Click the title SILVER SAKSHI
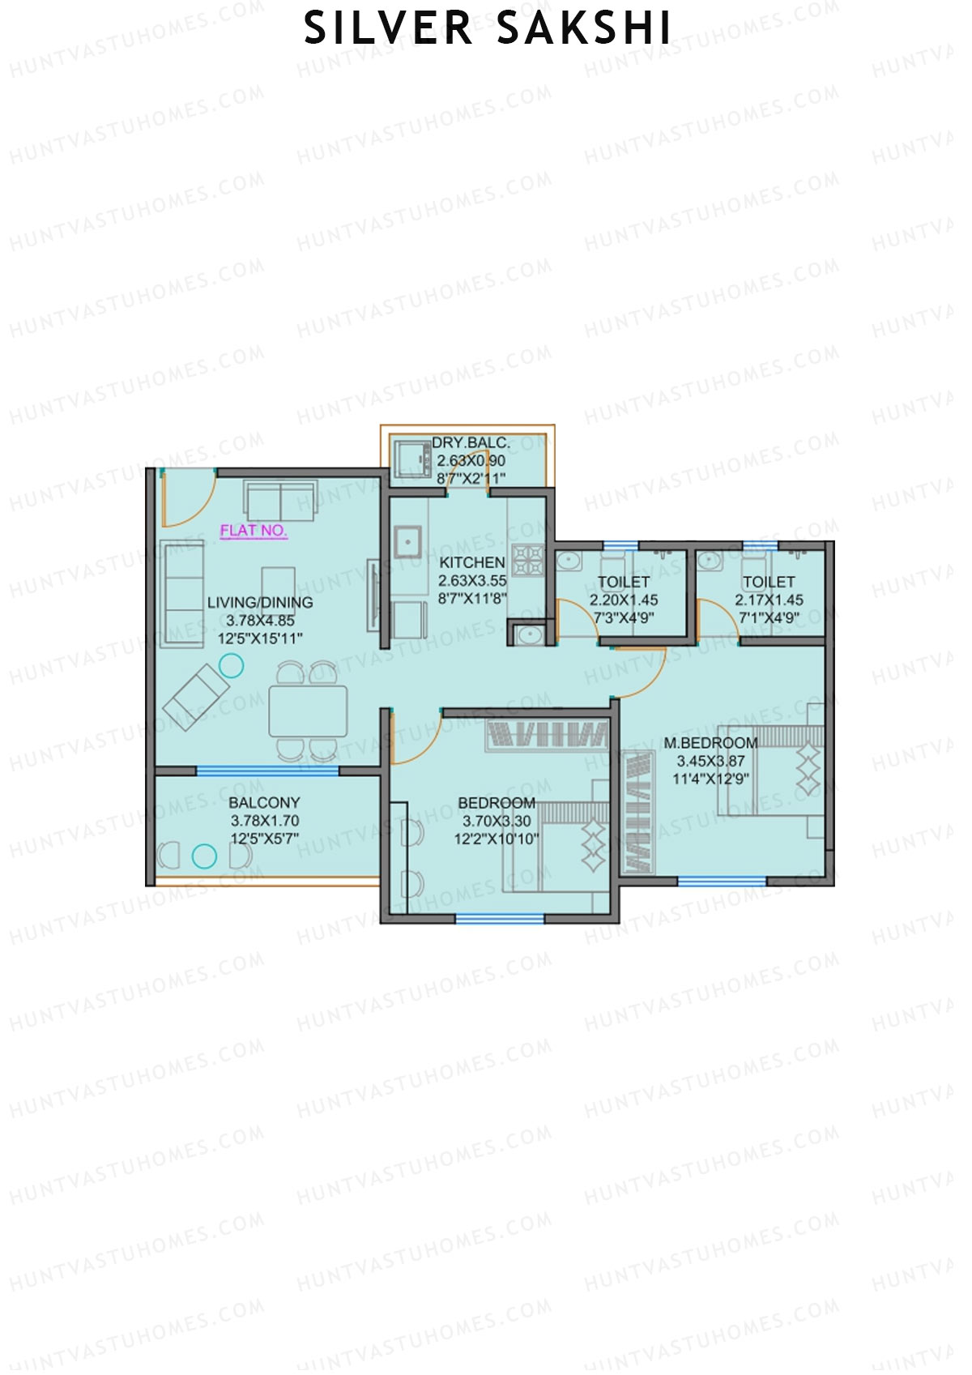coord(487,28)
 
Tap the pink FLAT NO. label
coord(254,531)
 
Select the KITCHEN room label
coord(471,562)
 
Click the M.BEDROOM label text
coord(710,743)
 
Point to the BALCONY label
coord(264,803)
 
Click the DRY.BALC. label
coord(471,443)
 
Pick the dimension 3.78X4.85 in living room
coord(260,621)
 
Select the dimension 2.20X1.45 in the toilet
coord(623,600)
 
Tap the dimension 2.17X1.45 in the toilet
coord(769,600)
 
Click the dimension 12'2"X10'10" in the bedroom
coord(496,839)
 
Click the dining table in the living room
coord(308,711)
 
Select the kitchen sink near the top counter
coord(407,542)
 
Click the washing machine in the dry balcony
coord(413,459)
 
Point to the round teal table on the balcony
coord(204,856)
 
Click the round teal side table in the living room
coord(232,666)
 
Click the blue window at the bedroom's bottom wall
coord(499,918)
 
